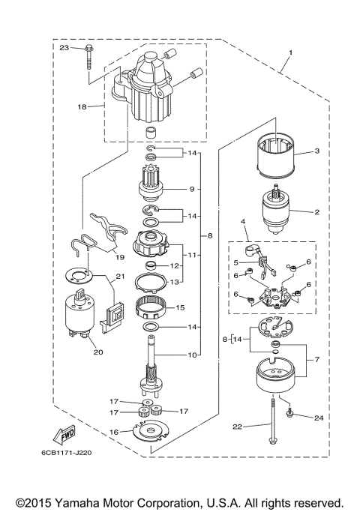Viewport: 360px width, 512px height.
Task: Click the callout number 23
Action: [64, 48]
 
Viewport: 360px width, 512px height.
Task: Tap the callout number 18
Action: [82, 106]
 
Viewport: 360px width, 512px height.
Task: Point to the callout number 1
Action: [289, 53]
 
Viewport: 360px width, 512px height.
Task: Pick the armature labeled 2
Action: [273, 213]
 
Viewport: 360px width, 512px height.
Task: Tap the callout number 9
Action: [191, 189]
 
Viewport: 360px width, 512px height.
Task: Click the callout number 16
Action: [113, 432]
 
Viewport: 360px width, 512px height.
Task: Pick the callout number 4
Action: [243, 222]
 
